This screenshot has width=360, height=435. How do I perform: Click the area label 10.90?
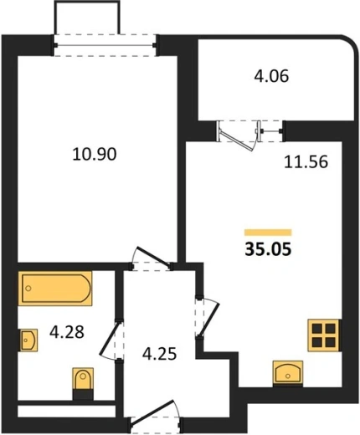pyautogui.click(x=95, y=154)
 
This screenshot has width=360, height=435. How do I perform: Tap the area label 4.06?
pyautogui.click(x=271, y=76)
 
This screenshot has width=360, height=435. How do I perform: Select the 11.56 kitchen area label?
pyautogui.click(x=306, y=162)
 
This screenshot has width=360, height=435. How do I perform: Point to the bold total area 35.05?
pyautogui.click(x=268, y=249)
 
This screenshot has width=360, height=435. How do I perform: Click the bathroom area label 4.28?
pyautogui.click(x=67, y=332)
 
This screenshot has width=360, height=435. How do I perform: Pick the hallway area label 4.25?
pyautogui.click(x=159, y=354)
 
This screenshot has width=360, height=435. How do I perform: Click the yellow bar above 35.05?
pyautogui.click(x=268, y=233)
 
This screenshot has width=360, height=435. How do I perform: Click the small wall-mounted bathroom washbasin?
pyautogui.click(x=28, y=340)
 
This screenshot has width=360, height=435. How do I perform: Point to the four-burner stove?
pyautogui.click(x=324, y=335)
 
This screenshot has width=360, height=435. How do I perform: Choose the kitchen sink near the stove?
pyautogui.click(x=288, y=373)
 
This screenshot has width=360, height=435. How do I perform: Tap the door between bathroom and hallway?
pyautogui.click(x=111, y=340)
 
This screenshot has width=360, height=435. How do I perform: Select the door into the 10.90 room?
pyautogui.click(x=152, y=258)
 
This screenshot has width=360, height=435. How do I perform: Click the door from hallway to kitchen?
pyautogui.click(x=208, y=318)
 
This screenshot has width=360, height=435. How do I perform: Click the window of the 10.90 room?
pyautogui.click(x=105, y=45)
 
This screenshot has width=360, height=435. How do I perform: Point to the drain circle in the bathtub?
pyautogui.click(x=28, y=289)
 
